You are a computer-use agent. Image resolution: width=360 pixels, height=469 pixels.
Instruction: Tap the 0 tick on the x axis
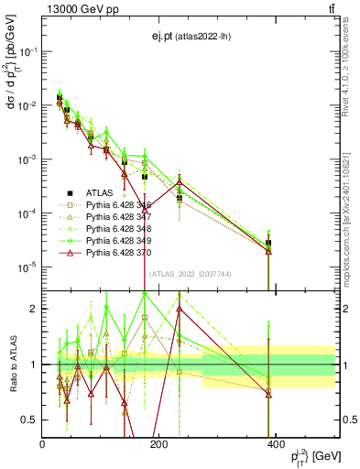(x=43, y=442)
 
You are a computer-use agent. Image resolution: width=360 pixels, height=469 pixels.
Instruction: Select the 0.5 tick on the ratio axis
(x=30, y=420)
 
